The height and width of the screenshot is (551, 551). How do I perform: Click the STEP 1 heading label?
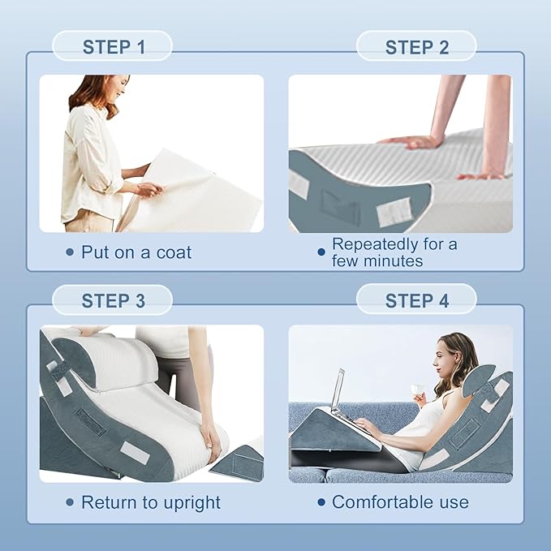[114, 47]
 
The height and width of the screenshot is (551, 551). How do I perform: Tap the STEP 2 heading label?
[417, 47]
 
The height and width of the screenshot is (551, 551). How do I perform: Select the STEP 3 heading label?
[113, 301]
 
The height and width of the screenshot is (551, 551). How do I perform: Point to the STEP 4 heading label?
[417, 301]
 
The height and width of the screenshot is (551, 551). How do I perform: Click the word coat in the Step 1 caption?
[174, 252]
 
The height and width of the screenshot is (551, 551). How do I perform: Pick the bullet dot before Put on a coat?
[70, 252]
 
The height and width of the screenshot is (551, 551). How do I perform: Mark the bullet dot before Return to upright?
[70, 502]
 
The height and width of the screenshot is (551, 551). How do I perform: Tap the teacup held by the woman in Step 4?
[418, 390]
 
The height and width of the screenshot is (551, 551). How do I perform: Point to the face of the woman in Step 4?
[442, 359]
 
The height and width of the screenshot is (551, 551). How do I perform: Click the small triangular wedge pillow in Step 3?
[238, 461]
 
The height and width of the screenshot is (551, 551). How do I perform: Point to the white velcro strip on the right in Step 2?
[394, 210]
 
